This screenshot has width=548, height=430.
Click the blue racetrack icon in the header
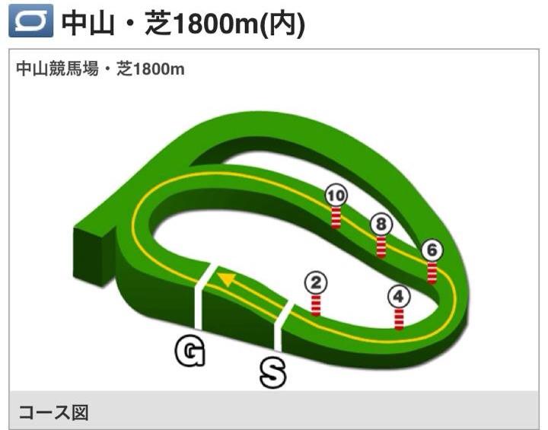coord(31,22)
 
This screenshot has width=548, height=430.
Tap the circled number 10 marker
coord(334,196)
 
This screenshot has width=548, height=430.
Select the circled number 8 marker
coord(381,224)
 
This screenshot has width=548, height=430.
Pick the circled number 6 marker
coord(432,250)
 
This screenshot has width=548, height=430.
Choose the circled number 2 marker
coord(316,284)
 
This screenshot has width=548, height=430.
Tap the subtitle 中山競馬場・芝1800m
coord(100,69)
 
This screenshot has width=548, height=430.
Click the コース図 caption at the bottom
coord(53,413)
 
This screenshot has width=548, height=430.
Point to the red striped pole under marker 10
coord(335,217)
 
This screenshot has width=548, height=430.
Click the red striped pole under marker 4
coord(399,318)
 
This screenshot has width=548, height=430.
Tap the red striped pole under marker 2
coord(316,305)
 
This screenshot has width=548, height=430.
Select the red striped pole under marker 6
coord(432,272)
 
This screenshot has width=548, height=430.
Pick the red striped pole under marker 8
coord(381,247)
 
